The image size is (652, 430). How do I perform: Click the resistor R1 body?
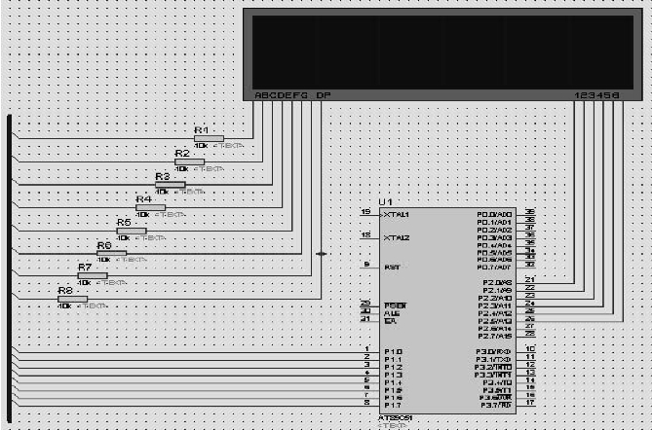point(209,138)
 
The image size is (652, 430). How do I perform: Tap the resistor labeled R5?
point(131,232)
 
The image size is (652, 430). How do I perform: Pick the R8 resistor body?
point(72,299)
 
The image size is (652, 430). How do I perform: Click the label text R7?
point(85,267)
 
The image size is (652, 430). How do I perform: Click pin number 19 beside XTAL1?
point(365,211)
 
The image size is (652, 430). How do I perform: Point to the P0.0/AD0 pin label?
point(495,213)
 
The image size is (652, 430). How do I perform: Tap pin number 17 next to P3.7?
point(529,402)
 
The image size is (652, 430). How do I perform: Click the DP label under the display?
point(324,95)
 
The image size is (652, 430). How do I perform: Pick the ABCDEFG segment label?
point(281,95)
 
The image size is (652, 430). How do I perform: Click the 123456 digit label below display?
point(596,95)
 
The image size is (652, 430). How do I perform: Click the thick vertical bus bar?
point(10,263)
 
